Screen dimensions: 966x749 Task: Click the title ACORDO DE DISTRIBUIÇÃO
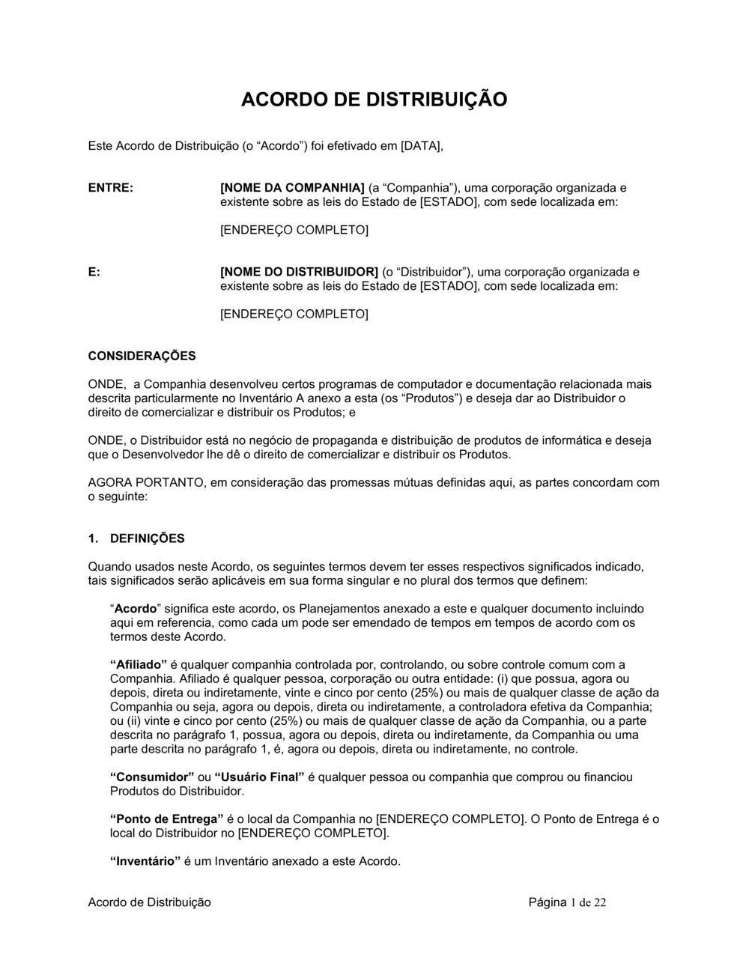pos(374,100)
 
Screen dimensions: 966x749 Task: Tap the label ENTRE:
pos(111,188)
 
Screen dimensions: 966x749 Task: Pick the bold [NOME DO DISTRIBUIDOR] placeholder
pos(299,272)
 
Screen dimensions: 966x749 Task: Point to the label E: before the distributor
pos(94,272)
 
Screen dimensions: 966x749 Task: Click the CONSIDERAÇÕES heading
pos(142,356)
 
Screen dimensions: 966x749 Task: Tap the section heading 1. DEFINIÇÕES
pos(136,538)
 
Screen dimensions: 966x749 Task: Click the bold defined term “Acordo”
pos(136,609)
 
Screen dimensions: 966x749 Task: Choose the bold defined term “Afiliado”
pos(139,664)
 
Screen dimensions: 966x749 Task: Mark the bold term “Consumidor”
pos(152,777)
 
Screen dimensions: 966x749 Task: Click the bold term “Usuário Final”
pos(259,777)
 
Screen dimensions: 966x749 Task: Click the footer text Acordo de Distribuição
pos(149,902)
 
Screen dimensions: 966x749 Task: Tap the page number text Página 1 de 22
pos(567,902)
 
